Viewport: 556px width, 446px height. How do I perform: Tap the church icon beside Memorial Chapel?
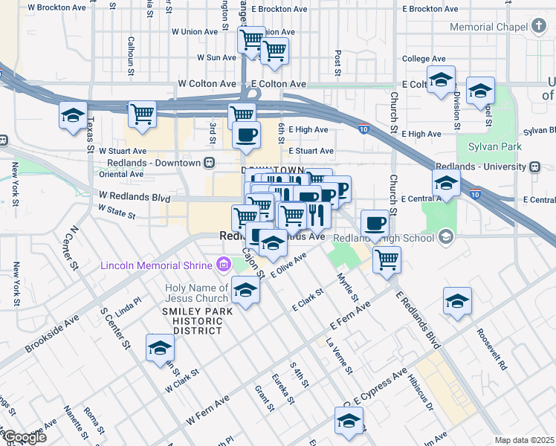(539, 27)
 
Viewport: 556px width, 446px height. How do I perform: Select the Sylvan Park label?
(487, 146)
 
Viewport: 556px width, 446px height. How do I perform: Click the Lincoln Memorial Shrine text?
(157, 265)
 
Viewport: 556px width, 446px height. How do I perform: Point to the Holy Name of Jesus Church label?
(197, 294)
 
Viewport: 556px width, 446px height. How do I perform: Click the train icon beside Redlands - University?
(534, 167)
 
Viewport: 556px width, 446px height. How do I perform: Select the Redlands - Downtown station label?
(154, 163)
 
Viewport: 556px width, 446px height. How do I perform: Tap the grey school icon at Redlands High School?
(446, 237)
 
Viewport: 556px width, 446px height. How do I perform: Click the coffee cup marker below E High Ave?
(246, 135)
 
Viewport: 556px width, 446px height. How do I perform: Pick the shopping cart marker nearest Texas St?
(141, 114)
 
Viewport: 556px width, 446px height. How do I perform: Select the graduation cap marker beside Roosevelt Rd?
(457, 301)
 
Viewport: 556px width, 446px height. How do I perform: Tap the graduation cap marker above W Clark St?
(160, 348)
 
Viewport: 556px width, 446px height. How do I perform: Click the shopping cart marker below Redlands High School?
(387, 260)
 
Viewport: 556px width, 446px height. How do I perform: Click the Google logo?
(25, 437)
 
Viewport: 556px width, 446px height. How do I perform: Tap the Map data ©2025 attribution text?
(524, 440)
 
